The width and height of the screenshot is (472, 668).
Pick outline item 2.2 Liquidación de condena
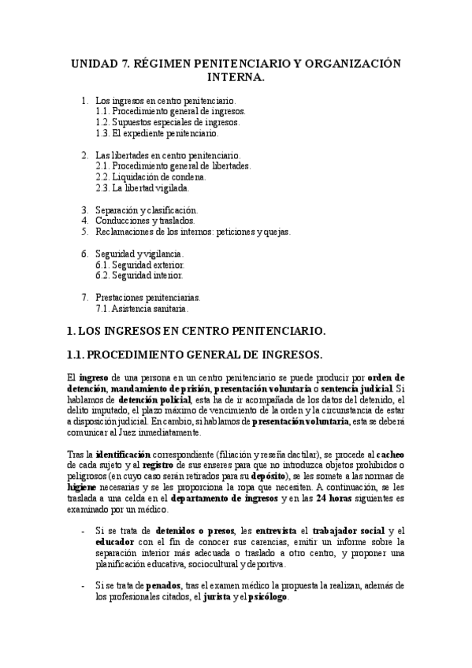[x=150, y=177]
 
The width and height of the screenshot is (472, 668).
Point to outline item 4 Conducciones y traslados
[x=144, y=221]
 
